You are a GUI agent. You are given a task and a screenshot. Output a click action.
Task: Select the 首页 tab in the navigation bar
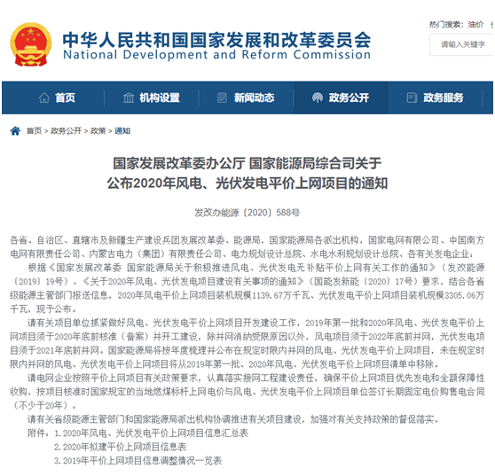(58, 98)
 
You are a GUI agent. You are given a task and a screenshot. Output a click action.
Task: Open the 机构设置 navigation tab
(153, 98)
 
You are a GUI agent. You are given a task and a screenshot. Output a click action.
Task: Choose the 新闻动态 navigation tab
(249, 98)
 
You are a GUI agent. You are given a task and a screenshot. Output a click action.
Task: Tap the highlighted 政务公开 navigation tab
(345, 98)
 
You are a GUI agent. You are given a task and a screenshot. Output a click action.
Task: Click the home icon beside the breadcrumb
(14, 130)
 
